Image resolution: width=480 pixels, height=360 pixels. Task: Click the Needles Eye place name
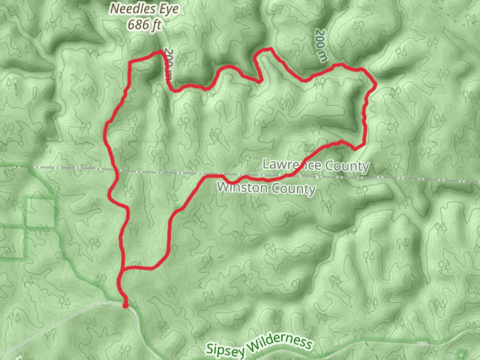[x=144, y=9]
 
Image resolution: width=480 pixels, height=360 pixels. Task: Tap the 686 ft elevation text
[x=145, y=24]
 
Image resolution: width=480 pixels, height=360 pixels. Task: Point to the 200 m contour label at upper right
[x=321, y=45]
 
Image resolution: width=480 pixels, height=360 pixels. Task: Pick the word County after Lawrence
[x=347, y=166]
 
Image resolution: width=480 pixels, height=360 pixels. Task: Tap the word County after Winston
[x=292, y=189]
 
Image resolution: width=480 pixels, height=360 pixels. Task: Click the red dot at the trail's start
[x=125, y=305]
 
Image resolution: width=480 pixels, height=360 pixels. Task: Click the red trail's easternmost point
[x=376, y=85]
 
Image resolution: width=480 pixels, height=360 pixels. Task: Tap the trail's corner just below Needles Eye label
[x=162, y=51]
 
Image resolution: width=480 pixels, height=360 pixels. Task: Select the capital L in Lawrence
[x=266, y=164]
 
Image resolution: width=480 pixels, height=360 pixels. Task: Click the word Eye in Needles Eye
[x=169, y=9]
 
